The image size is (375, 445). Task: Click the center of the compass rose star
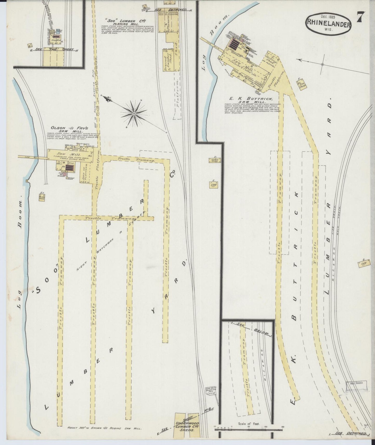(x=134, y=113)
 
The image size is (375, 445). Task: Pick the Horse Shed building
(x=214, y=160)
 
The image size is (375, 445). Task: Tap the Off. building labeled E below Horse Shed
(x=214, y=185)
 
